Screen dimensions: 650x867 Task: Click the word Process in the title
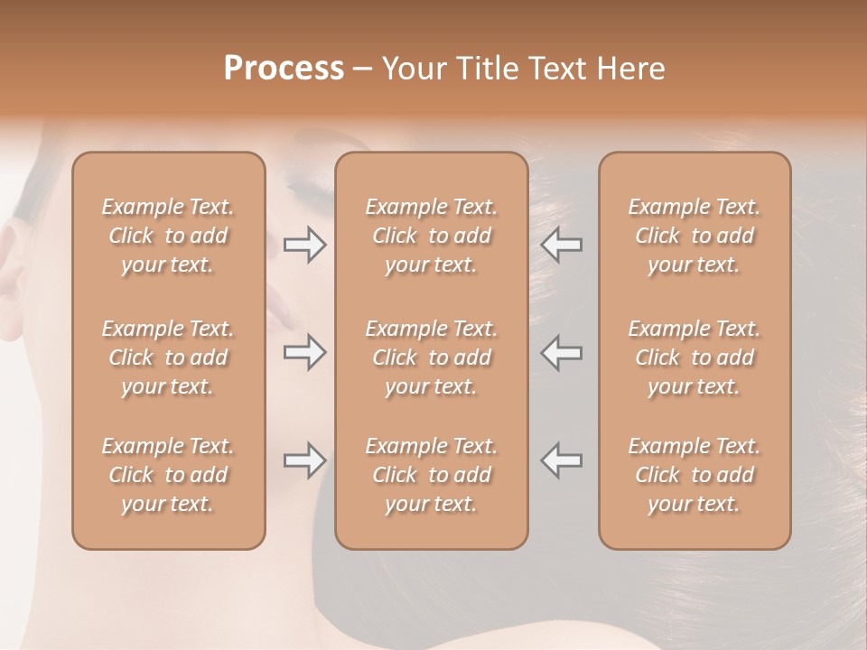pos(284,69)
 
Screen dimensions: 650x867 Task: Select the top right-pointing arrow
pos(304,245)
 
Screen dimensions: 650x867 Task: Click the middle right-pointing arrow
pos(304,353)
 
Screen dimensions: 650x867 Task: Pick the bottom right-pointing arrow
pos(304,460)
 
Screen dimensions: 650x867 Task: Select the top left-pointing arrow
pos(562,245)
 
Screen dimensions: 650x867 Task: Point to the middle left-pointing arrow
pos(562,353)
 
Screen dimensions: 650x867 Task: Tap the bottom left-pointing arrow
pos(562,460)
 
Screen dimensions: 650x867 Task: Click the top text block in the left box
pos(168,236)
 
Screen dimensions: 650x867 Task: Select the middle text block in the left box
pos(168,357)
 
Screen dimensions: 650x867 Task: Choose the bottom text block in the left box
pos(168,475)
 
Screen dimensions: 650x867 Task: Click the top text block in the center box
pos(431,236)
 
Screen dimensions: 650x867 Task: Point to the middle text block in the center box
pos(431,357)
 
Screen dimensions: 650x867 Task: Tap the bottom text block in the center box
pos(431,475)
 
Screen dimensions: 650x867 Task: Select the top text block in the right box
pos(694,236)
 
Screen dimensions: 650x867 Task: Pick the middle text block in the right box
pos(694,357)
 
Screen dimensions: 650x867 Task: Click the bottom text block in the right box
pos(694,475)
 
